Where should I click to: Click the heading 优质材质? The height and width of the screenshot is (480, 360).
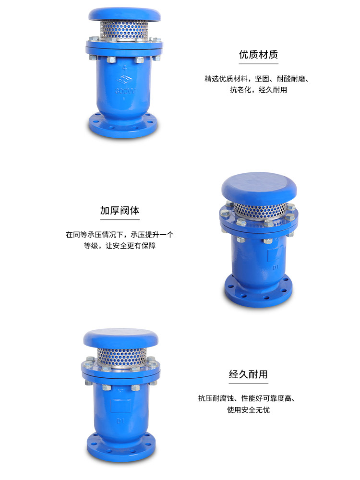tap(258, 54)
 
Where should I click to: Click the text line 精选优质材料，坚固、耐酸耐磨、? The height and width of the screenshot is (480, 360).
tap(256, 78)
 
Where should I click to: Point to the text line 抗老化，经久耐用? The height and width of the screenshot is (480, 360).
tap(258, 90)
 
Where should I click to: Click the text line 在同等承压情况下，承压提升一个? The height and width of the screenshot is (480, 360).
tap(120, 235)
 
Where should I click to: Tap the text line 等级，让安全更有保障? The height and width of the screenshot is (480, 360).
tap(120, 246)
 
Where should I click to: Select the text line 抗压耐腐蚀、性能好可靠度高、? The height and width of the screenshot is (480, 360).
tap(248, 398)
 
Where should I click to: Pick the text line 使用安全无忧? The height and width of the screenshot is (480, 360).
tap(248, 410)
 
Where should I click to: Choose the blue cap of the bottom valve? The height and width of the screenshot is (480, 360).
tap(121, 339)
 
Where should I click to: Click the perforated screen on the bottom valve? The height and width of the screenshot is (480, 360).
tap(120, 357)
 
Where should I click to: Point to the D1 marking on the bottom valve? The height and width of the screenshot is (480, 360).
tap(121, 421)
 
